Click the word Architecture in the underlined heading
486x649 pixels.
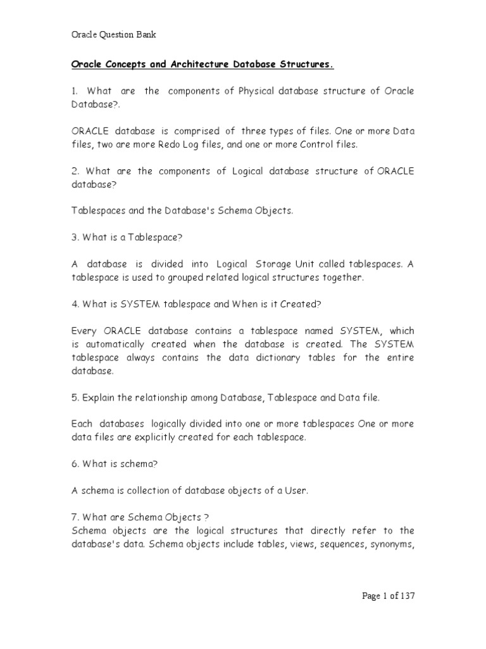tap(187, 65)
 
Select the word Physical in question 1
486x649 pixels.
tap(256, 91)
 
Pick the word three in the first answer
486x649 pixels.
tap(253, 131)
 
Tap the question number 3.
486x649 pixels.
tap(73, 237)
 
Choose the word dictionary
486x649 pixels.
tap(298, 357)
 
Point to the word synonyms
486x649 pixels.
tap(392, 543)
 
